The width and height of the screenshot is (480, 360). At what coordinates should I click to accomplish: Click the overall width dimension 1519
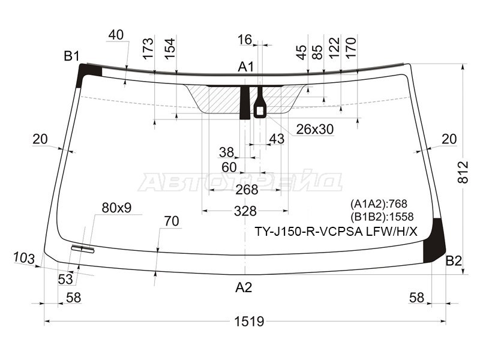click(x=249, y=322)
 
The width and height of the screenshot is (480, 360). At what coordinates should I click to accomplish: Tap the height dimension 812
click(x=463, y=172)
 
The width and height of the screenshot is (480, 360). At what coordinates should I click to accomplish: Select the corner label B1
click(x=71, y=56)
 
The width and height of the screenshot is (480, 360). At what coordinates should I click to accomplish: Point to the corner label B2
click(x=454, y=261)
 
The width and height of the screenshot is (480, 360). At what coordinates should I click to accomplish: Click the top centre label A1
click(x=246, y=67)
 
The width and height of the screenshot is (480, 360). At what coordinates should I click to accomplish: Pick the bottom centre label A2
click(x=244, y=287)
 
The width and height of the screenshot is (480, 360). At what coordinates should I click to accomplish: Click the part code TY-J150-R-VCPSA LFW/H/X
click(x=336, y=232)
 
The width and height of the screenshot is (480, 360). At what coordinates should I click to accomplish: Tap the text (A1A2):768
click(x=379, y=203)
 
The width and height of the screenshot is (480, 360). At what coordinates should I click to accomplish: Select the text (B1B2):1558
click(x=382, y=217)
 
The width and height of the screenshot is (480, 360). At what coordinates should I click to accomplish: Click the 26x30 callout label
click(x=314, y=130)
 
